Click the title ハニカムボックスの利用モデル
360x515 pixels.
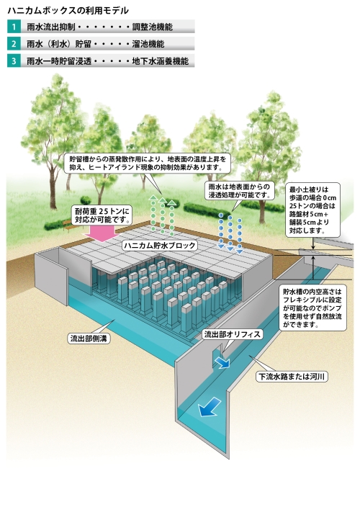68,11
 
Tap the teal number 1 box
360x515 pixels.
14,27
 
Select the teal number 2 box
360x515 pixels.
14,44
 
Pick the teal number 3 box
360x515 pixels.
14,61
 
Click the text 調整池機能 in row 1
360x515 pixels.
153,27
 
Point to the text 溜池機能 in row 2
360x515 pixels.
148,44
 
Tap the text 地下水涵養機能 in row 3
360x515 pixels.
161,61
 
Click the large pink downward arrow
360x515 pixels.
102,233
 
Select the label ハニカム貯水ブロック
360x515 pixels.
160,246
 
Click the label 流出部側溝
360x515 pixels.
89,339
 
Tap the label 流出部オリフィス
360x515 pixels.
233,334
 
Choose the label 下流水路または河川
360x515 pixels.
292,377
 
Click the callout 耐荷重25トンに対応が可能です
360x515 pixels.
102,215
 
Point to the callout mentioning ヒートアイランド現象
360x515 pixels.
148,164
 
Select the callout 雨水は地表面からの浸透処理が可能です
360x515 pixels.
239,191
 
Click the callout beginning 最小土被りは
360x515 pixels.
312,210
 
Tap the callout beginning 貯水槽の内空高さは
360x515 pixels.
312,308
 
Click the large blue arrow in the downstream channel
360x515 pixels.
209,406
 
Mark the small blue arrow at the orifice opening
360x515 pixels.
222,362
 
